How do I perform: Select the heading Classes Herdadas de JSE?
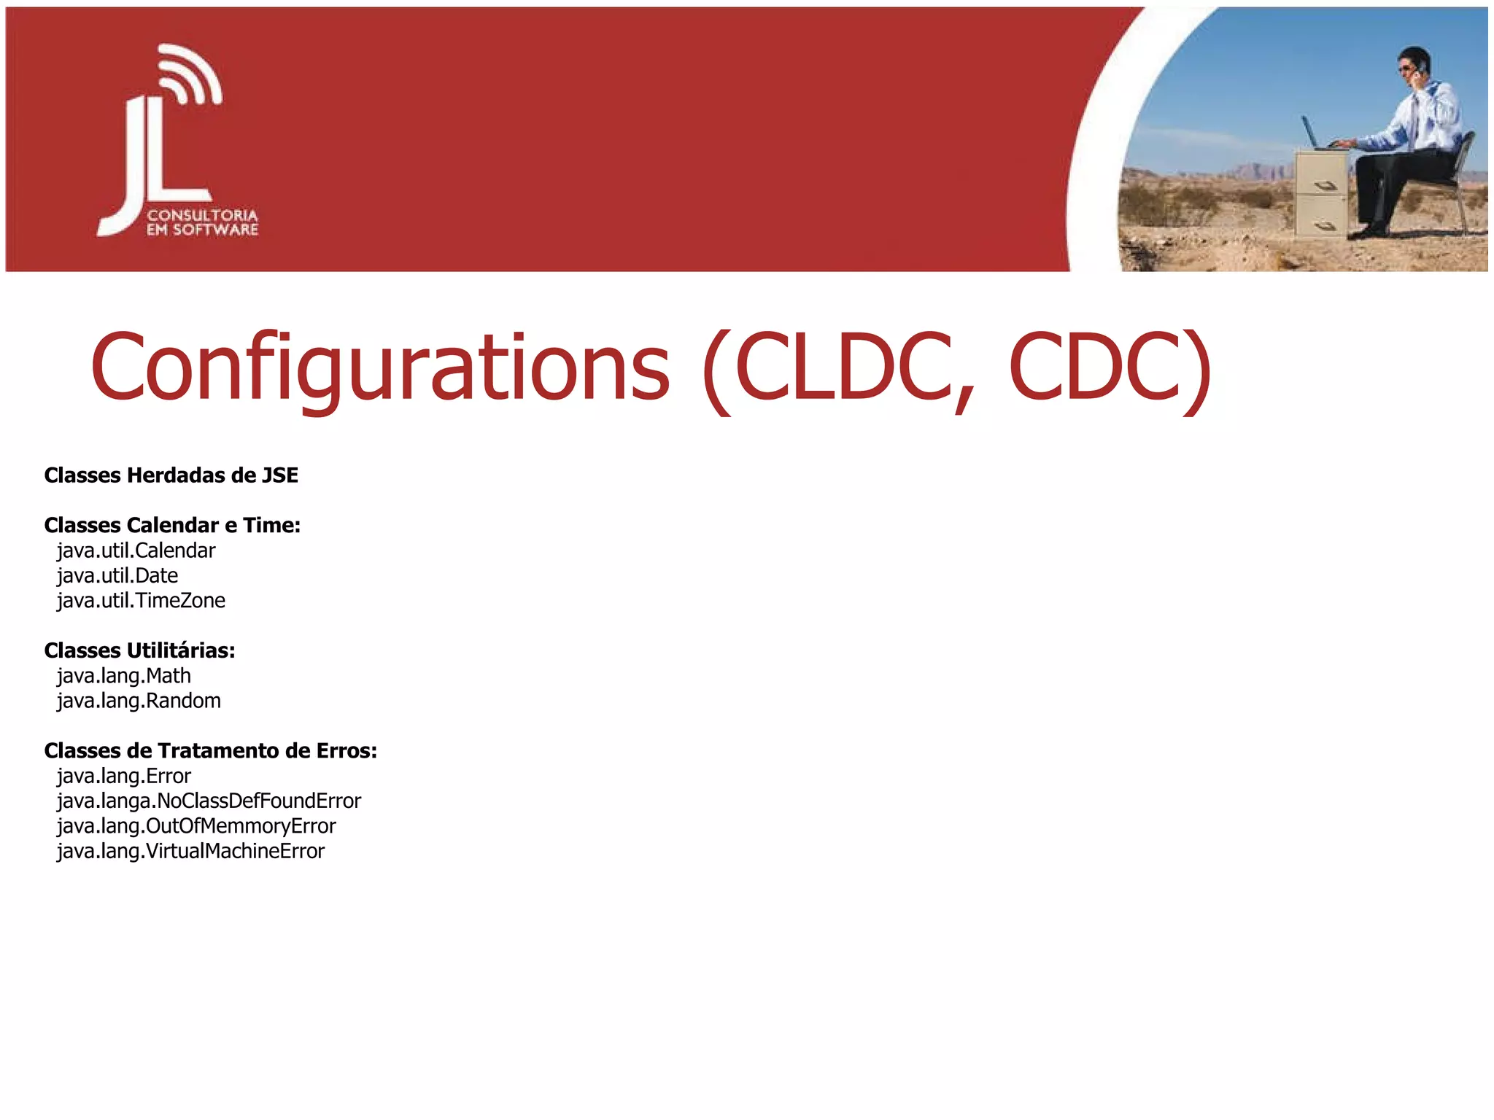(x=171, y=475)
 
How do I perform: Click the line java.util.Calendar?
(x=136, y=551)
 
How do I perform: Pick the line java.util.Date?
(x=117, y=575)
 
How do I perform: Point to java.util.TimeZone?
(x=142, y=600)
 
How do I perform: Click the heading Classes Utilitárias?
(x=140, y=650)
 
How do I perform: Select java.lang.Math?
(x=124, y=676)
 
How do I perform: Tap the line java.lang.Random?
(x=139, y=701)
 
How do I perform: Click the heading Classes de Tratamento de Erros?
(x=211, y=751)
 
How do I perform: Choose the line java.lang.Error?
(x=124, y=776)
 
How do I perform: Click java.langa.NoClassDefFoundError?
(x=209, y=801)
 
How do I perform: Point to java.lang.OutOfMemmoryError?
(x=196, y=826)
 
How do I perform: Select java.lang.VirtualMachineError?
(x=191, y=851)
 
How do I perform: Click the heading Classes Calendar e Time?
(x=173, y=525)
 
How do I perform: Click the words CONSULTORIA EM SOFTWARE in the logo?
(x=203, y=222)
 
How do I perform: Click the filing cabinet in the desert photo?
(x=1321, y=194)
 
